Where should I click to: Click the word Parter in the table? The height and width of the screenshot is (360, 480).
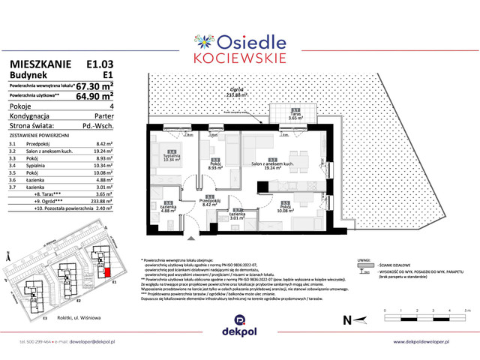(103, 116)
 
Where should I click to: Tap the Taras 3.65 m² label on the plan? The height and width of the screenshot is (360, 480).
(295, 117)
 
